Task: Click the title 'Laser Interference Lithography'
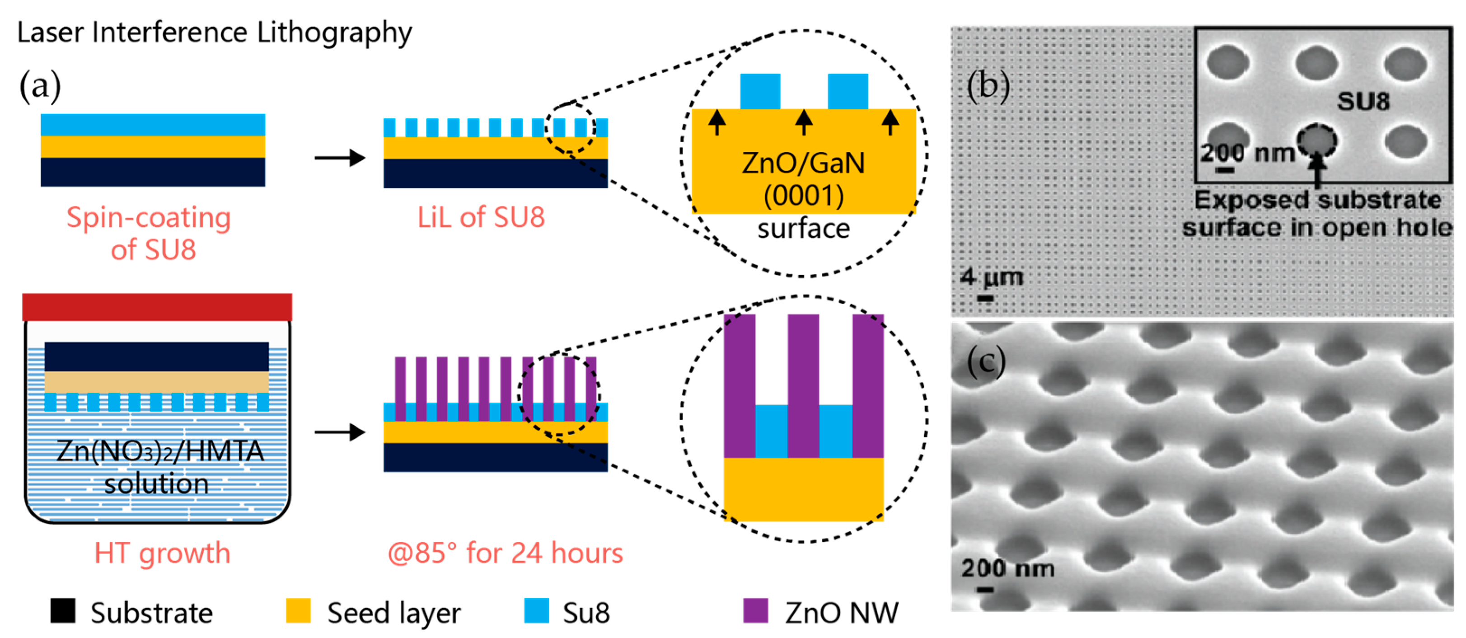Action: pos(214,32)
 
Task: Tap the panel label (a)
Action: pos(40,85)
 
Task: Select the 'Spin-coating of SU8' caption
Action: pos(150,233)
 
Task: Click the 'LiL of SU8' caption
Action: pos(481,217)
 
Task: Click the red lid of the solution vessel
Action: pos(157,307)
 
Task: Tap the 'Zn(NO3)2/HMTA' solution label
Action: pos(160,451)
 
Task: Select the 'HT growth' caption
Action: pos(162,553)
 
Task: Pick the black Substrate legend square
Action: pos(63,611)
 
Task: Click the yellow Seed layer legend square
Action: pos(298,611)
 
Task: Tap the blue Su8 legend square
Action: pos(536,611)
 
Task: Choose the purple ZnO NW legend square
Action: pos(756,611)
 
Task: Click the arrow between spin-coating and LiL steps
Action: pos(340,158)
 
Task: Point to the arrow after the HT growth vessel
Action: pos(340,432)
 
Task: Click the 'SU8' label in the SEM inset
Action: pos(1363,102)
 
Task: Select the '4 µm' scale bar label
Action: pos(992,277)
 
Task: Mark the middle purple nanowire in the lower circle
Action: pos(803,385)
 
